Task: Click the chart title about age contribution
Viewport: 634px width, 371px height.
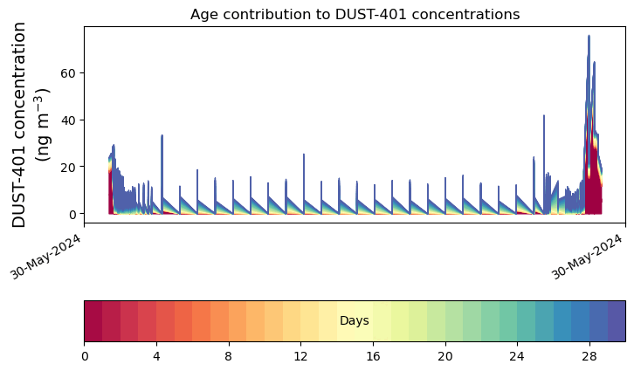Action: click(355, 15)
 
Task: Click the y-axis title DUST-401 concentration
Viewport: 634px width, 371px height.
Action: click(19, 125)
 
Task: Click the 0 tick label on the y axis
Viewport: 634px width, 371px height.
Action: click(72, 214)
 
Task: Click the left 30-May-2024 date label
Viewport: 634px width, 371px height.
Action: click(45, 258)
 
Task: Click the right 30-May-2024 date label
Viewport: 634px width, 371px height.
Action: click(587, 258)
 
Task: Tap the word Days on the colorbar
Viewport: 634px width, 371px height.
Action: click(355, 321)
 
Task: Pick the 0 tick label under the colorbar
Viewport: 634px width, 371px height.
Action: click(85, 356)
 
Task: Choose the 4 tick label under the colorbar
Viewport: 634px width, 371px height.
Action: click(156, 356)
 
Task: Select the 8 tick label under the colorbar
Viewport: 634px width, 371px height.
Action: click(229, 356)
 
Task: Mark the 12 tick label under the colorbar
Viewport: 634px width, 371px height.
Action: click(300, 356)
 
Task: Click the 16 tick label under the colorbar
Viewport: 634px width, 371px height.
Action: click(373, 356)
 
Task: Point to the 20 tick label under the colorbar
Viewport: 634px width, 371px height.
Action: click(445, 356)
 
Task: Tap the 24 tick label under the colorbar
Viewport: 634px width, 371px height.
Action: click(517, 356)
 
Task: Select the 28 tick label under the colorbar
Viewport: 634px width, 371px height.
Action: click(589, 356)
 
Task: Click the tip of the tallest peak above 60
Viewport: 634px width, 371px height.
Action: click(589, 36)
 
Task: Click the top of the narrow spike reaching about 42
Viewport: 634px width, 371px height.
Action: click(544, 115)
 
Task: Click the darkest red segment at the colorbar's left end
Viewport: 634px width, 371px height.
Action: click(93, 321)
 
